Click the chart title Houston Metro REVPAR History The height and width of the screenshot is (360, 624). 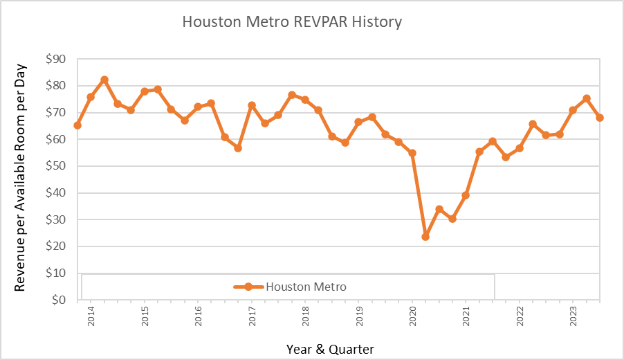292,22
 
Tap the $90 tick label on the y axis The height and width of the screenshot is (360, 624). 56,59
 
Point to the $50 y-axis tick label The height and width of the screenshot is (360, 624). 56,165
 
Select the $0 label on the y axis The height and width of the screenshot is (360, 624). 59,300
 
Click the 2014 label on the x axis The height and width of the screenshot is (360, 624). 91,316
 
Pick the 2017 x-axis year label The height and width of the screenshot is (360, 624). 252,316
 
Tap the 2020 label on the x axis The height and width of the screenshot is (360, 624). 413,316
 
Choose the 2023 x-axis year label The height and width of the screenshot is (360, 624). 573,316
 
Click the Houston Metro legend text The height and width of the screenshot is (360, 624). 306,287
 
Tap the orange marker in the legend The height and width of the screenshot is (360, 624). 248,287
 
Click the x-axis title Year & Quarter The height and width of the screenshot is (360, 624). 330,349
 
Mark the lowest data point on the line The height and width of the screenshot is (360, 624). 425,237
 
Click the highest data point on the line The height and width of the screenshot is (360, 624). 104,80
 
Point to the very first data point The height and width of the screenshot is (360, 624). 77,125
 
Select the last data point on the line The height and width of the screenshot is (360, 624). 600,118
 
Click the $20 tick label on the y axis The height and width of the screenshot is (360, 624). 56,246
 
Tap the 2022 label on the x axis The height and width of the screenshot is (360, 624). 520,316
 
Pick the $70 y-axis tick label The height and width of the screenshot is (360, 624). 56,112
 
